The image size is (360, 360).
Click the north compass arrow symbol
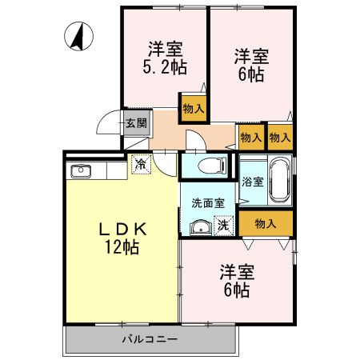[x=80, y=36]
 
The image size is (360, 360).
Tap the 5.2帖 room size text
[x=166, y=67]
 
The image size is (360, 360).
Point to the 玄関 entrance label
[x=136, y=123]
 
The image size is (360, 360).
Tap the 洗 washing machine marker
[x=225, y=227]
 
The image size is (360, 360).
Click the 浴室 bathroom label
[x=252, y=181]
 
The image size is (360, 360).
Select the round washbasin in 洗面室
[x=199, y=228]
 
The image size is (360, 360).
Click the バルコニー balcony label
[x=150, y=339]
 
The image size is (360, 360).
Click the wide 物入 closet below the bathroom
[x=266, y=223]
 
